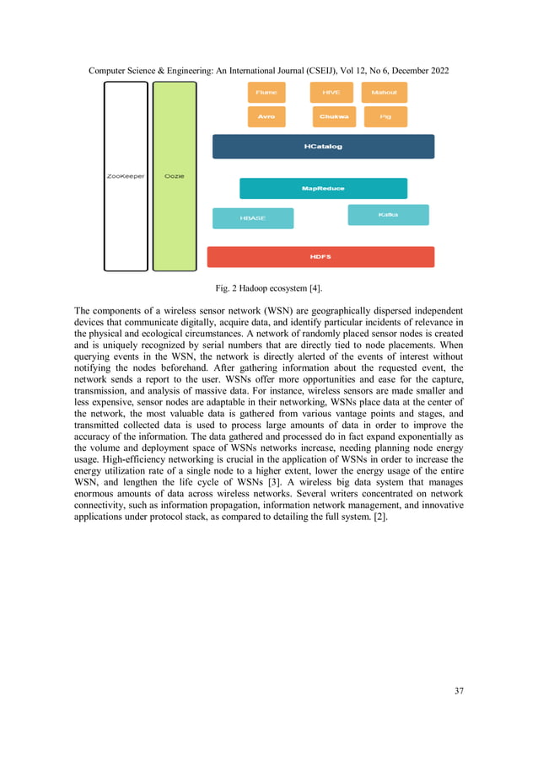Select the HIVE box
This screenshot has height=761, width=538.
pyautogui.click(x=331, y=93)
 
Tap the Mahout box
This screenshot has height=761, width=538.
pyautogui.click(x=384, y=93)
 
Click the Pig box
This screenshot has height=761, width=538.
pyautogui.click(x=384, y=117)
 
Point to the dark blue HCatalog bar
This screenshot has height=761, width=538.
pyautogui.click(x=323, y=147)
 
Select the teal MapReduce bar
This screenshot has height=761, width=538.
pyautogui.click(x=323, y=188)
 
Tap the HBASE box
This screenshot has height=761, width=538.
pyautogui.click(x=253, y=218)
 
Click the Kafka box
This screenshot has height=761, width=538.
pyautogui.click(x=388, y=215)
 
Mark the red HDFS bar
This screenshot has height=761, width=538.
pyautogui.click(x=320, y=257)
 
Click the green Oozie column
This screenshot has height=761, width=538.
pyautogui.click(x=175, y=176)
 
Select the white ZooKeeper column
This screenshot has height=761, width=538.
pyautogui.click(x=126, y=176)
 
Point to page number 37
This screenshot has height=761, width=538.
pyautogui.click(x=459, y=692)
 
